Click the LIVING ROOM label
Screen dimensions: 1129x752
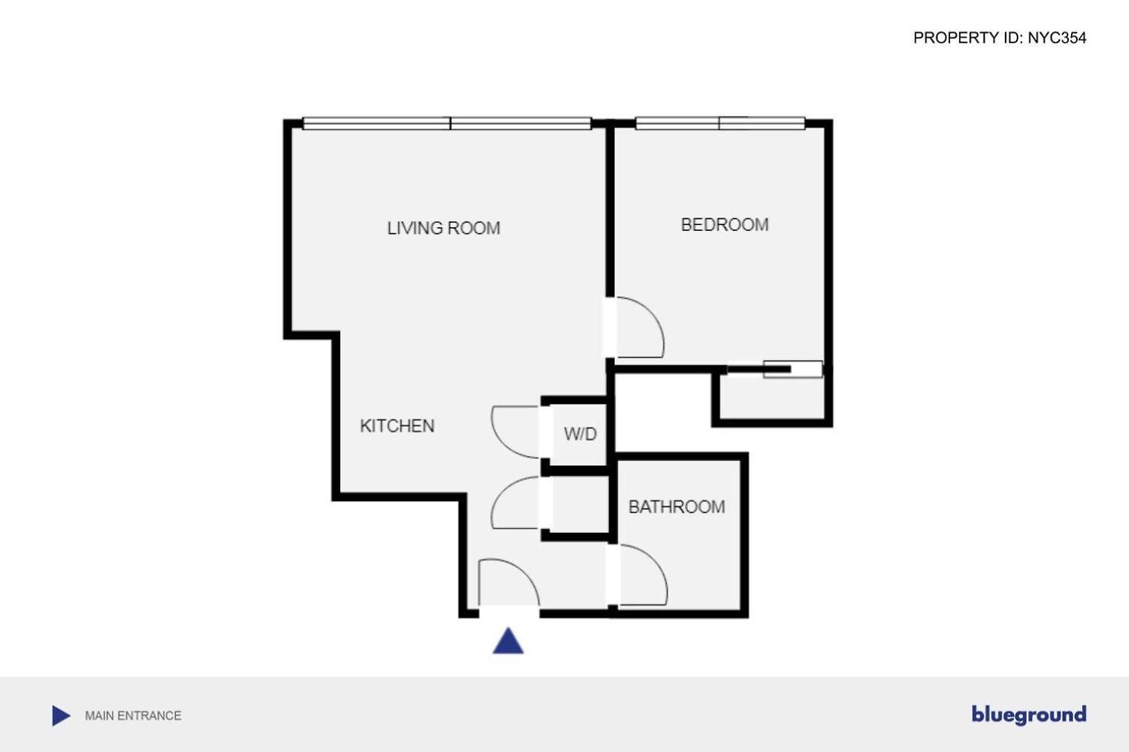click(443, 228)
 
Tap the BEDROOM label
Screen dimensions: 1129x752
click(724, 225)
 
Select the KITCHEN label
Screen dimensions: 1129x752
click(397, 426)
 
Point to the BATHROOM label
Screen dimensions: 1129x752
click(677, 507)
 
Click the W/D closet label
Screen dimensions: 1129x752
click(580, 434)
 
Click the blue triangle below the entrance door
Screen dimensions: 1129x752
click(508, 641)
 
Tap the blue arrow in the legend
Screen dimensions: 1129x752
click(61, 716)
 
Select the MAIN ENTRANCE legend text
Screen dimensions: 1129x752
click(133, 716)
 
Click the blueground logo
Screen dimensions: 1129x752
click(1029, 715)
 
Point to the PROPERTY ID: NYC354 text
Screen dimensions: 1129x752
click(1000, 38)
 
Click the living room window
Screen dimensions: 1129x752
click(446, 123)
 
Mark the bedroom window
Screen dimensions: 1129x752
click(720, 123)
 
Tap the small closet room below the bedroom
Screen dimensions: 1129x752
click(771, 397)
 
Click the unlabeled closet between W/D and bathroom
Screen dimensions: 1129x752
click(581, 503)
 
